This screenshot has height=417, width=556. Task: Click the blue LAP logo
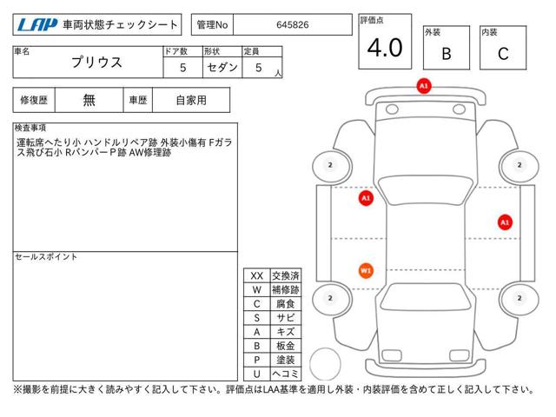coord(37,25)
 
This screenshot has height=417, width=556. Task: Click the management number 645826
coord(293,25)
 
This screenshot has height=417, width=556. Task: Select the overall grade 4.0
coord(385,48)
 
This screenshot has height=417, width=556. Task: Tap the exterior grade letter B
coord(447,54)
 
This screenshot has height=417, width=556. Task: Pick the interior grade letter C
coord(503,54)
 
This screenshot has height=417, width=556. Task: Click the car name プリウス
coord(96,62)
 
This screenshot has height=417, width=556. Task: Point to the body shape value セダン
coord(222,67)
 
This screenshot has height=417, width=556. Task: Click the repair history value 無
coord(89,101)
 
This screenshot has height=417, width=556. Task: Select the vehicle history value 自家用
coord(191,101)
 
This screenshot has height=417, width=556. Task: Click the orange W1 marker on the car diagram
coord(366,271)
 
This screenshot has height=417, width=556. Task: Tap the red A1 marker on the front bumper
coord(424,86)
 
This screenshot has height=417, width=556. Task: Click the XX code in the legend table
coord(257,276)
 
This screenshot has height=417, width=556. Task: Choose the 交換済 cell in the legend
coord(286,276)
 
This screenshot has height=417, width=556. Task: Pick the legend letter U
coord(257,374)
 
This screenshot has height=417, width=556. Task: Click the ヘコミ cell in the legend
coord(286,374)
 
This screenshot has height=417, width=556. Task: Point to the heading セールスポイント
coord(46,257)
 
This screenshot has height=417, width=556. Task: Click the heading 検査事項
coord(30,128)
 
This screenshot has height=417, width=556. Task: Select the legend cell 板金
coord(286,346)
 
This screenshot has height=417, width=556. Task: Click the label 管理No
coord(212,25)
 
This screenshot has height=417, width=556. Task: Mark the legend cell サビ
coord(286,318)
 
